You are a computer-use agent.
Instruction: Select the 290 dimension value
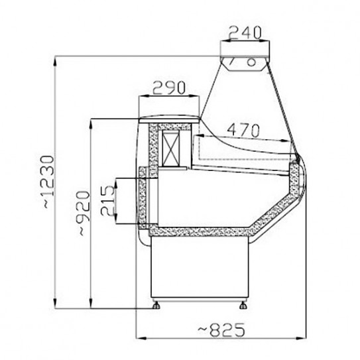[x=168, y=87]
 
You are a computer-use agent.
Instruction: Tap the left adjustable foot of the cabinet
[x=158, y=306]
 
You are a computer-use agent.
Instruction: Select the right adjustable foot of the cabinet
[x=241, y=306]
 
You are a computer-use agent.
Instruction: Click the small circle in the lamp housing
[x=253, y=61]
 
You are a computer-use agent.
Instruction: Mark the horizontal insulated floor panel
[x=199, y=231]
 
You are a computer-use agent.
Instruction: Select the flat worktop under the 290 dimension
[x=169, y=119]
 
